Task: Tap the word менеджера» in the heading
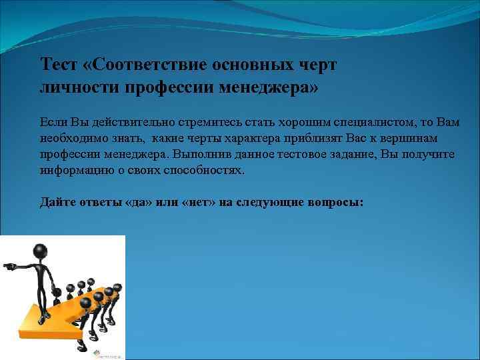270,88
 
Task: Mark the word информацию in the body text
71,170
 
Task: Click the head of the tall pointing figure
40,252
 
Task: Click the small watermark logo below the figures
107,354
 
